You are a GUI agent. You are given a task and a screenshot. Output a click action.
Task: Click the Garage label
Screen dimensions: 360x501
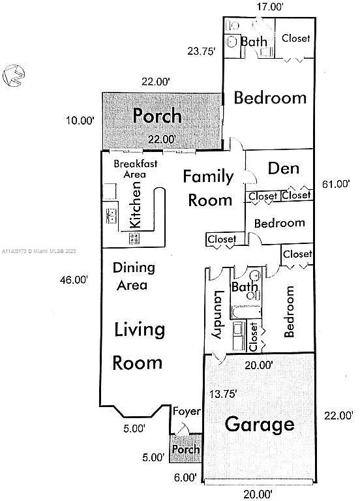click(x=260, y=425)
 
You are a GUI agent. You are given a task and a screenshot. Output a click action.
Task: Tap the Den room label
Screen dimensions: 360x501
click(x=284, y=168)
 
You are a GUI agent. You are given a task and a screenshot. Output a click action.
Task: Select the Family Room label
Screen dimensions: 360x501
click(x=209, y=189)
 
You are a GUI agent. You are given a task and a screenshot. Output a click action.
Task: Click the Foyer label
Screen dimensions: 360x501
click(x=187, y=412)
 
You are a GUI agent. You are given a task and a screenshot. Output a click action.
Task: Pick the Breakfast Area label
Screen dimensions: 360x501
click(x=136, y=169)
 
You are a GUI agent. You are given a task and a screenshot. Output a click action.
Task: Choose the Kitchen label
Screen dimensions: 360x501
click(x=135, y=205)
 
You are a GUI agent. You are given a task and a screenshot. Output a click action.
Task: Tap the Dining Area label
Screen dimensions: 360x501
click(x=134, y=276)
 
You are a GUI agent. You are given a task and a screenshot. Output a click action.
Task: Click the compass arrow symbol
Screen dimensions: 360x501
click(x=14, y=76)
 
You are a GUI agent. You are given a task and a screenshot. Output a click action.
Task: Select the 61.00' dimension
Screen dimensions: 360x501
click(x=336, y=184)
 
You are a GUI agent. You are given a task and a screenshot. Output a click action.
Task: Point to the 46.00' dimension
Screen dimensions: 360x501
click(x=74, y=280)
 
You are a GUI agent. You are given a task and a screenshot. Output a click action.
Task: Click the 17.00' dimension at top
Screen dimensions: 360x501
click(x=270, y=7)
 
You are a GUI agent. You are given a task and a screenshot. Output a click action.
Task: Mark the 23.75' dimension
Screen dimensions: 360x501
click(x=202, y=51)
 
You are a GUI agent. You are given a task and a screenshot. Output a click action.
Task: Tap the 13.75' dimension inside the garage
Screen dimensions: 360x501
click(x=223, y=394)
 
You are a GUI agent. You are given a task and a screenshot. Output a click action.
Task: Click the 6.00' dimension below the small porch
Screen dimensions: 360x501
click(x=185, y=478)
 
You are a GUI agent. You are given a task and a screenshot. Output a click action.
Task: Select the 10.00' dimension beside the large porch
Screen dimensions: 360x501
click(x=80, y=121)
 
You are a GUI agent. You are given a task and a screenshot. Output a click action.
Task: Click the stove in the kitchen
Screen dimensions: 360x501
click(x=134, y=238)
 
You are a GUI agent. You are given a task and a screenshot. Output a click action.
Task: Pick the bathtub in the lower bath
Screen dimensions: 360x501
click(x=246, y=312)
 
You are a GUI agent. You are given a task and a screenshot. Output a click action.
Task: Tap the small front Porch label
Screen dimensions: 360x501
click(x=186, y=449)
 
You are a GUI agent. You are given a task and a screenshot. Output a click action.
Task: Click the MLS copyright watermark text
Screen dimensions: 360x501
click(x=39, y=251)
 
